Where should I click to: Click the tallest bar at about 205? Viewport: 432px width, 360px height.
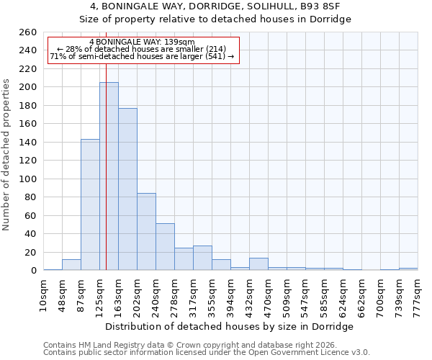(x=109, y=176)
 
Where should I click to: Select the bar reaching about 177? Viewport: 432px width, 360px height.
(x=127, y=189)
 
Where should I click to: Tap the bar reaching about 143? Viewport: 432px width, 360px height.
(x=90, y=204)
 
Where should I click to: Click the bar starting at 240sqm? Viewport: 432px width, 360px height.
(x=165, y=247)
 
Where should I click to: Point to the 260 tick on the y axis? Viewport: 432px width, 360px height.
(x=28, y=32)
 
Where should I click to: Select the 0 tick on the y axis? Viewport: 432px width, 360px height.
(x=33, y=271)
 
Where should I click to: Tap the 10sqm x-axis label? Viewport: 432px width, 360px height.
(x=43, y=294)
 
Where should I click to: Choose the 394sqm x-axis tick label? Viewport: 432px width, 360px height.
(x=230, y=294)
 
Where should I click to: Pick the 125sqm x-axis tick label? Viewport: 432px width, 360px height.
(x=99, y=294)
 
